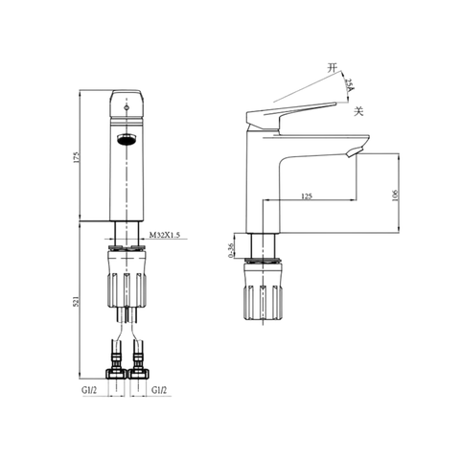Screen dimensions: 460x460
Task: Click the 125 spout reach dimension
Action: click(306, 195)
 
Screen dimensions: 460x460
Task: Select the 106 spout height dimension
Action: click(395, 195)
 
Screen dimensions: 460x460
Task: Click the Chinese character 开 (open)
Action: click(333, 68)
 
